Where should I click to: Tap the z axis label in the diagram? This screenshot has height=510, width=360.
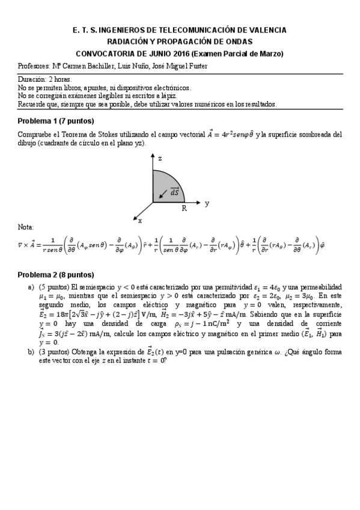coord(160,158)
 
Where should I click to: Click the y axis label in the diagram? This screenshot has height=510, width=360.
coord(207,203)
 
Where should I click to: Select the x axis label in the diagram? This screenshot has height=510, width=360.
coord(140,221)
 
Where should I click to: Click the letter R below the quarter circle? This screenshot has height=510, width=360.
coord(185,209)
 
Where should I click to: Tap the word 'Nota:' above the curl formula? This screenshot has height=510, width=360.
coord(26,227)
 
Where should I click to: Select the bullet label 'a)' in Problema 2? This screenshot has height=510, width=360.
coord(31,287)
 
